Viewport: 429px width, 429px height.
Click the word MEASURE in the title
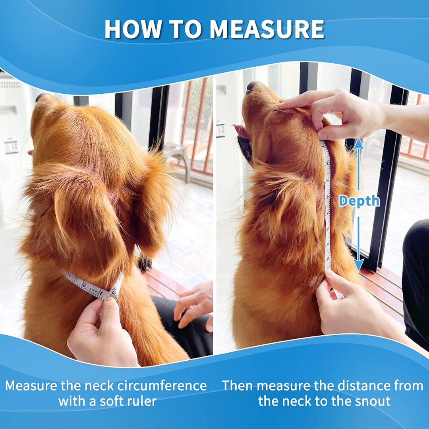(267, 29)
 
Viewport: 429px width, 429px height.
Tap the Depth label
(359, 201)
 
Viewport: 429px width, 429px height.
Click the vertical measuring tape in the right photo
(328, 207)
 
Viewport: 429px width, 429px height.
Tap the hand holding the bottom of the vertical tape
(350, 306)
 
